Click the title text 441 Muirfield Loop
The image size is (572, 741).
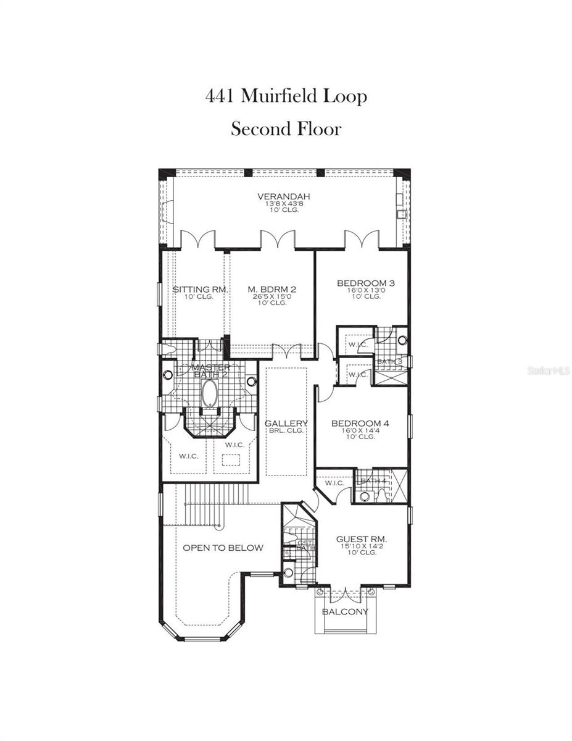tap(286, 96)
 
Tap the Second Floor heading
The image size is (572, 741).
tap(286, 129)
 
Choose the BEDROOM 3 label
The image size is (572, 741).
tap(365, 283)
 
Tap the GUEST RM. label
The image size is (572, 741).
tap(362, 539)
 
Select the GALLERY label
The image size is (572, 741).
tap(286, 424)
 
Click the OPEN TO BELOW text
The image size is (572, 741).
tap(223, 548)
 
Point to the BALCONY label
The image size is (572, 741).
tap(345, 612)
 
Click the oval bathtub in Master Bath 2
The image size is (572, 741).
tap(210, 393)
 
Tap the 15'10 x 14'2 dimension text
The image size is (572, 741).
tap(362, 546)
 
